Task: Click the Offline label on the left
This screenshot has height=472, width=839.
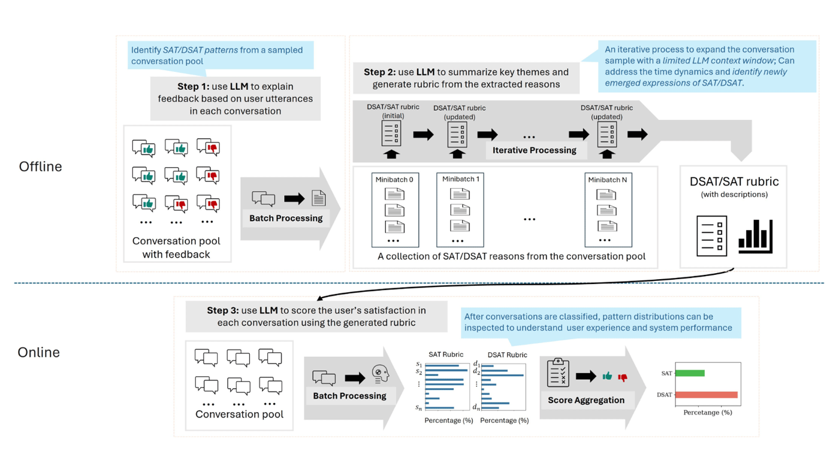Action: (x=40, y=167)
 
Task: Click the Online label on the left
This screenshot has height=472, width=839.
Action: (x=38, y=352)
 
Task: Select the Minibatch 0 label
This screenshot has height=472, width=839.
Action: (x=394, y=179)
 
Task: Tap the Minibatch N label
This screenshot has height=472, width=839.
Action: (x=608, y=179)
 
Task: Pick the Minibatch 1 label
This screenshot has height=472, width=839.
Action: (x=460, y=179)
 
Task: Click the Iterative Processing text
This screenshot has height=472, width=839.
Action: (x=534, y=150)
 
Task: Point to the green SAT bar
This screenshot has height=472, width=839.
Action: (x=690, y=373)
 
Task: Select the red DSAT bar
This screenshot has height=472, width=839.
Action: (x=707, y=395)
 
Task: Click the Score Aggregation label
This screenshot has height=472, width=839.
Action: (x=586, y=400)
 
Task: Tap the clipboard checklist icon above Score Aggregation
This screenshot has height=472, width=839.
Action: (x=558, y=373)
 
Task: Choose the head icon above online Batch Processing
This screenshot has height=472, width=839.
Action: (x=380, y=374)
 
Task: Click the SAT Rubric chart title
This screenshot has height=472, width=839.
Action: (x=445, y=355)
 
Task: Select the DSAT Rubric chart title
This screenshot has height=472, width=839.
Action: (x=507, y=355)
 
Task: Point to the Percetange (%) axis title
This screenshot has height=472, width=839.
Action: (x=708, y=412)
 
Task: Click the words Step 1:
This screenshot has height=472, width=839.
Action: (x=192, y=87)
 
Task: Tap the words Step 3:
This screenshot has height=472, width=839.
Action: (x=222, y=310)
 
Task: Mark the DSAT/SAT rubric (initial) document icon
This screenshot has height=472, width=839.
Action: (x=391, y=133)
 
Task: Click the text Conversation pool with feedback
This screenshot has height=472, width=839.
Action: (x=176, y=247)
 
